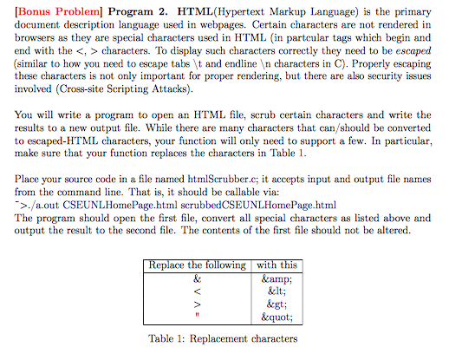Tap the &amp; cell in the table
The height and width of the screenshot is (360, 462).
pyautogui.click(x=277, y=278)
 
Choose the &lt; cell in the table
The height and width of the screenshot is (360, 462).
pyautogui.click(x=277, y=292)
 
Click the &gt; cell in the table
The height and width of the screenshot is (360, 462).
pyautogui.click(x=277, y=305)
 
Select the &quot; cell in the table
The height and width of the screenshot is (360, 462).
pyautogui.click(x=277, y=318)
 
